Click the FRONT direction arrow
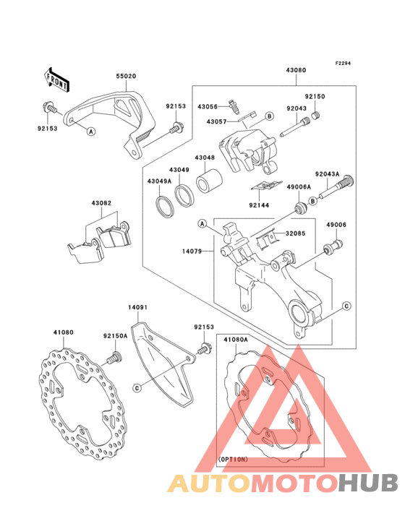(56, 79)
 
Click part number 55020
(127, 77)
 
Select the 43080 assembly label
(296, 70)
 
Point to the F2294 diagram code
(343, 63)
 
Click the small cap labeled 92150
(316, 116)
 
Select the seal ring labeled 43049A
(165, 205)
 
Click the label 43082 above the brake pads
(101, 204)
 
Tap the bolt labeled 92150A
(114, 358)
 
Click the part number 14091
(137, 308)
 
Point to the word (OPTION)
(233, 459)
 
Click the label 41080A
(236, 340)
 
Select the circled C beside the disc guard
(137, 388)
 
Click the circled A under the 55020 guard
(90, 132)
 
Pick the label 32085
(295, 233)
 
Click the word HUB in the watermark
(369, 483)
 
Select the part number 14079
(192, 251)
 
